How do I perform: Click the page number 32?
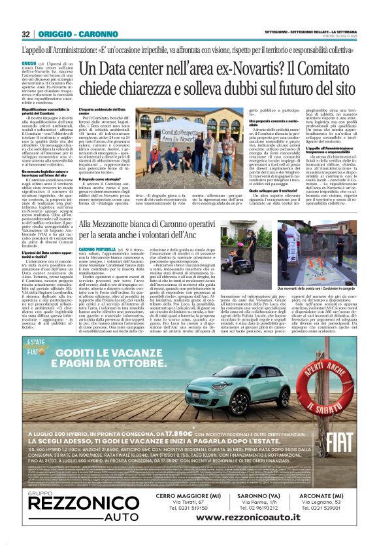click(25, 34)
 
